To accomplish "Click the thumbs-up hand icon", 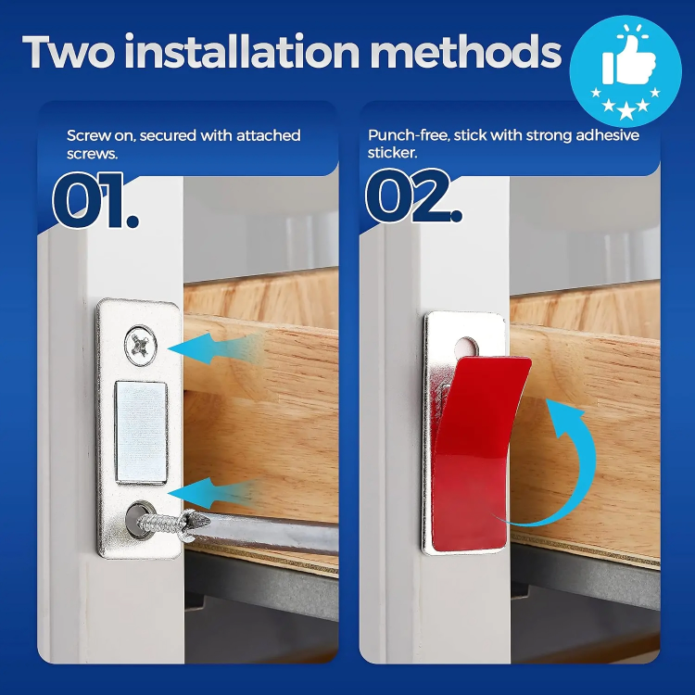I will (629, 65).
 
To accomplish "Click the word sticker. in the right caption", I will (394, 154).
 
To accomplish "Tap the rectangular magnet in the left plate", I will (141, 432).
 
